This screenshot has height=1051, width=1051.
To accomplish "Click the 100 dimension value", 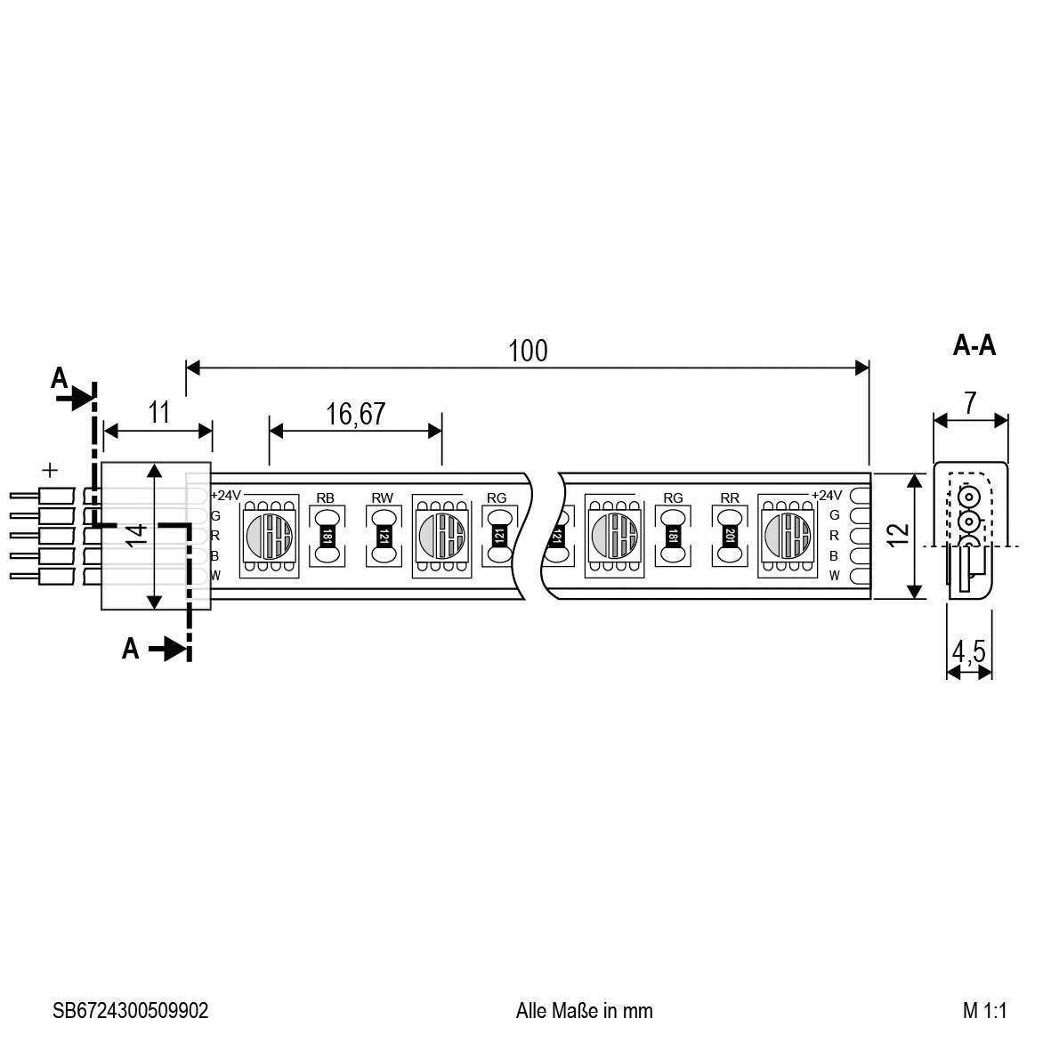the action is (x=529, y=351).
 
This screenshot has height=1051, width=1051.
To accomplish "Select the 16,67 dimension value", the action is (x=355, y=414).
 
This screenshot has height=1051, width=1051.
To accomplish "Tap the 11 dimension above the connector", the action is (x=159, y=412).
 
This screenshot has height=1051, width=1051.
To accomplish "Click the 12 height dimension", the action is (x=898, y=533).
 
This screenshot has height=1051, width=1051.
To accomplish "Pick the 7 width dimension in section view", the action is (x=970, y=403).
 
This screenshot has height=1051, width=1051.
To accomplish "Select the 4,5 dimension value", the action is (x=968, y=651).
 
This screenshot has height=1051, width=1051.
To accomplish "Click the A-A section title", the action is (x=974, y=345).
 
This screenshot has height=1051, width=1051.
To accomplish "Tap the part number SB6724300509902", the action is (x=131, y=1010).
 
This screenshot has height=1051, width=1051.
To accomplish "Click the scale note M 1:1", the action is (x=984, y=1010).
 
